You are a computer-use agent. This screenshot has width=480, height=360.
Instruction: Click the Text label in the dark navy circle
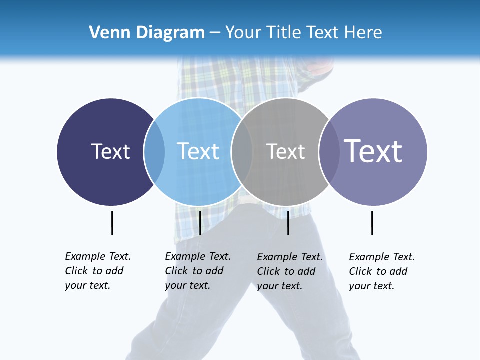point(110,151)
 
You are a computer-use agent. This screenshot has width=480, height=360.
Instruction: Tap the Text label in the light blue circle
point(198,151)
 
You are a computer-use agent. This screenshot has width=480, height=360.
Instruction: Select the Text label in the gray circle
point(285,151)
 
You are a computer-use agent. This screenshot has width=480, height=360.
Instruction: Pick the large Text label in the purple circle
point(373,151)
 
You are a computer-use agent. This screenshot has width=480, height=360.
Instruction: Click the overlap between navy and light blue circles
point(154,152)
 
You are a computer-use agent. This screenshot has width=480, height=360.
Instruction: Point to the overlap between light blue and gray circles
point(242,152)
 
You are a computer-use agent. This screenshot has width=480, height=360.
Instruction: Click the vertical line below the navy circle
point(112,223)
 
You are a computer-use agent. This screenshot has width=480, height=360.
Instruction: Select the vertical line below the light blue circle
point(200,223)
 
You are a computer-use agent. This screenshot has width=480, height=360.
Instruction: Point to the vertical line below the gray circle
point(288,223)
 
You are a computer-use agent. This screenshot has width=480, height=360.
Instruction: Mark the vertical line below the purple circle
point(372,223)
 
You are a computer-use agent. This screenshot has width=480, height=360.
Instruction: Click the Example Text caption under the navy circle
point(97,271)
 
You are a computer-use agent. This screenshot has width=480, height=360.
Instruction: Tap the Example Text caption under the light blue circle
point(197,271)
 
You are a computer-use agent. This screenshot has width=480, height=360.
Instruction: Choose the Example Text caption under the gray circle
point(289,271)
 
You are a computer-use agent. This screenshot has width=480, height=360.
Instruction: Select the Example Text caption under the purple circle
point(381,271)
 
